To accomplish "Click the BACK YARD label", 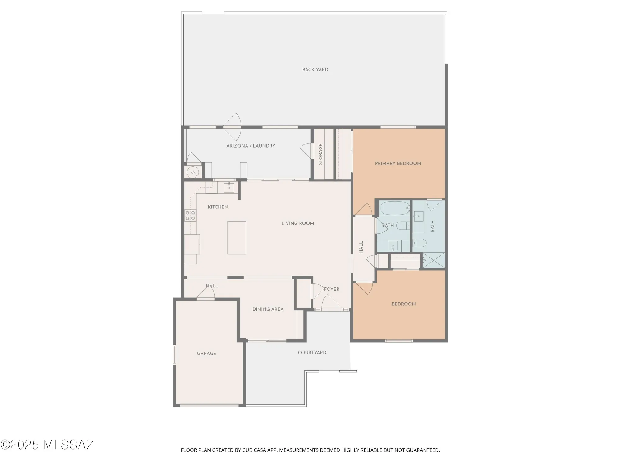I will point(315,70).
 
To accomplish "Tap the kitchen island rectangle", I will point(237,238).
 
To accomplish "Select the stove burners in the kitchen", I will point(190,216).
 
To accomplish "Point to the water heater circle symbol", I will point(193,172).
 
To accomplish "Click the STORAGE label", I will point(320,154).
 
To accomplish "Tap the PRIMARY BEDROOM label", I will point(398,163).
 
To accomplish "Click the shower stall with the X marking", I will point(434,260).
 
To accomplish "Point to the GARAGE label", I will point(206,354).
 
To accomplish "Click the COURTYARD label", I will point(312,353).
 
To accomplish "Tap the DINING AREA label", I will point(268,309).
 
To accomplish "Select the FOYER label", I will point(332,289).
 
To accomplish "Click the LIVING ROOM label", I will point(297,223).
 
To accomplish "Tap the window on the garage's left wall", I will point(175,354).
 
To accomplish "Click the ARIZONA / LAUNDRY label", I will point(251,146).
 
